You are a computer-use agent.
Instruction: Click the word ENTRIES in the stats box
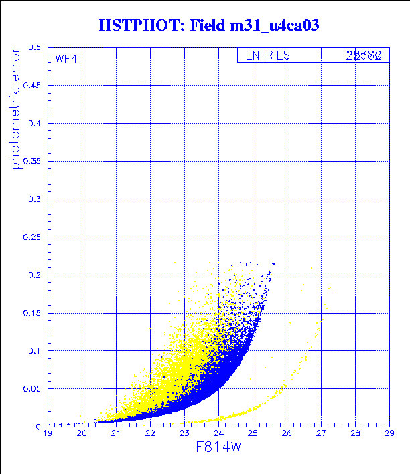[267, 55]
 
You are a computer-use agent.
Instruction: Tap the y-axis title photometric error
[17, 108]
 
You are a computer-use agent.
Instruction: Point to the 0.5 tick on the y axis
[35, 48]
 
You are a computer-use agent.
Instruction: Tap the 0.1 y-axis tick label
[35, 350]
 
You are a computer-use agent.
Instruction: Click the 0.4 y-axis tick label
[35, 124]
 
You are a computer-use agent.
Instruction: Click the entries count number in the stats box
[364, 56]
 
